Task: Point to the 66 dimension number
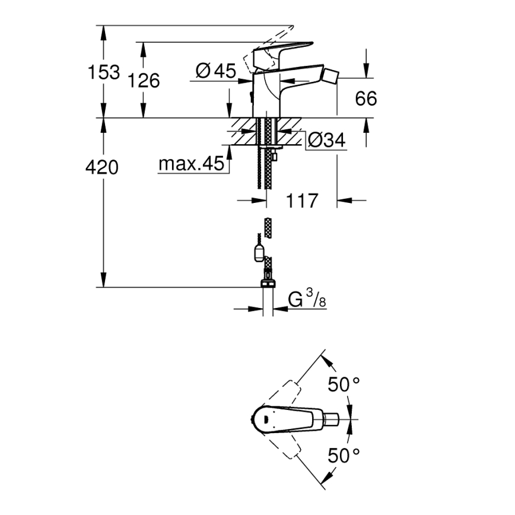pos(366,98)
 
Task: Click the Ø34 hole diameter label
pos(326,140)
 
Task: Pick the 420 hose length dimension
pos(102,168)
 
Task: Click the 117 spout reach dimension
pos(302,201)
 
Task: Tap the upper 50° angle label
pos(344,384)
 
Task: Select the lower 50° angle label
pos(344,455)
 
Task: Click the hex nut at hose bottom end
pos(268,283)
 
